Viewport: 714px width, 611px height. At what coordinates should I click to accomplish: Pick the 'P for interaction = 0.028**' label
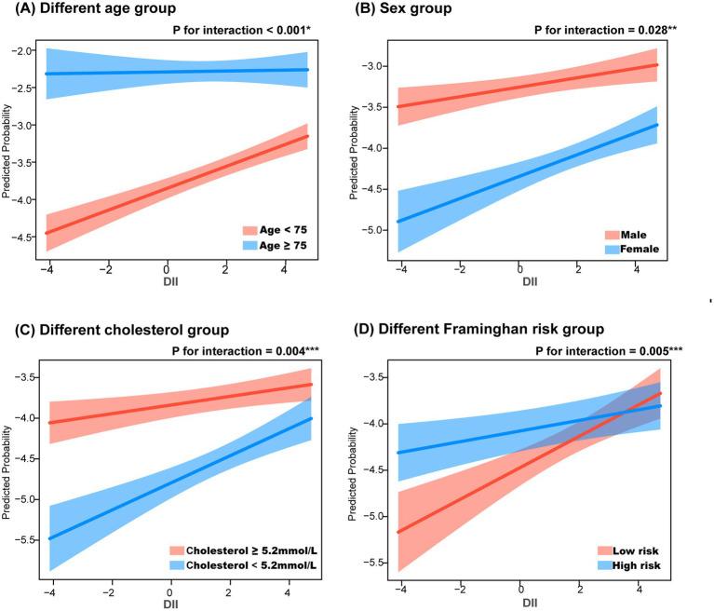606,30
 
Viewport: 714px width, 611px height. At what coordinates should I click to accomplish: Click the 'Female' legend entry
642,250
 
